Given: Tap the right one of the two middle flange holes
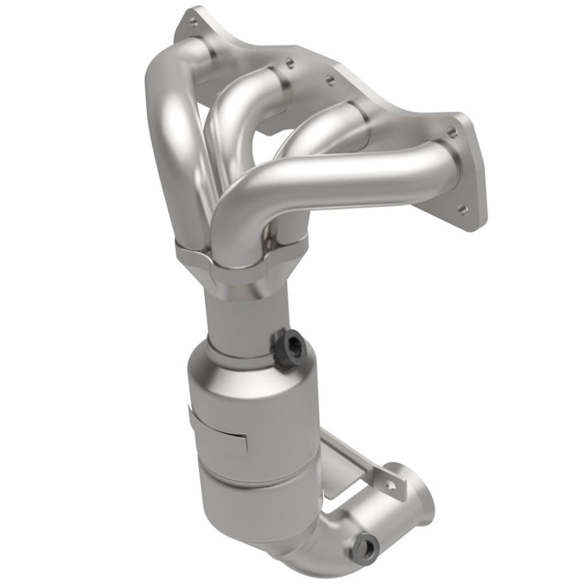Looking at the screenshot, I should (329, 79).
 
